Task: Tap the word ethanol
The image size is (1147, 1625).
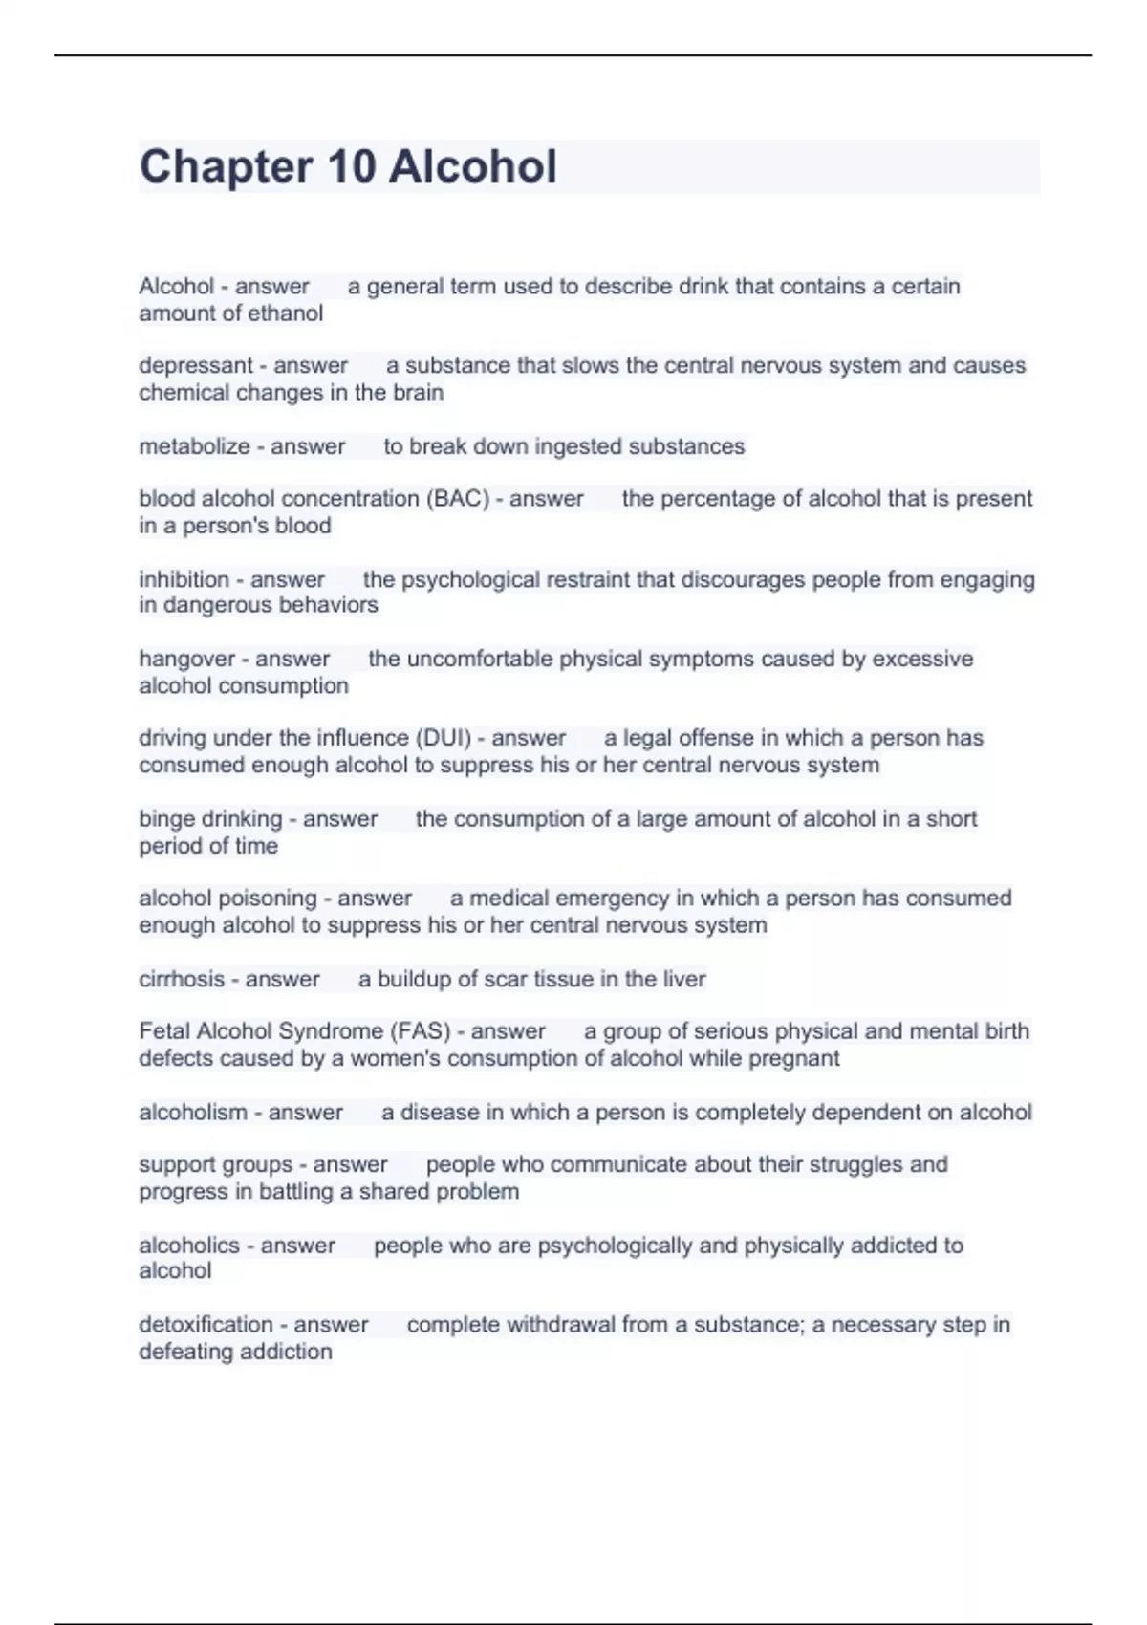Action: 284,314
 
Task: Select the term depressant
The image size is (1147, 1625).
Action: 195,365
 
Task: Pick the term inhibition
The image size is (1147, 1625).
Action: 184,579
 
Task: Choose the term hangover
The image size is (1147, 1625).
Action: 186,659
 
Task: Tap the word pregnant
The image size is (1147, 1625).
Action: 794,1058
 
